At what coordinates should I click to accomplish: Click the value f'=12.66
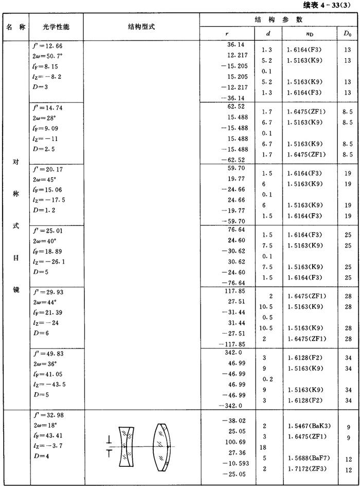click(47, 46)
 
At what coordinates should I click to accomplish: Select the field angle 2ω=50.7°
click(49, 56)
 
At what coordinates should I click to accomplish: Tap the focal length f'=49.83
click(47, 354)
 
